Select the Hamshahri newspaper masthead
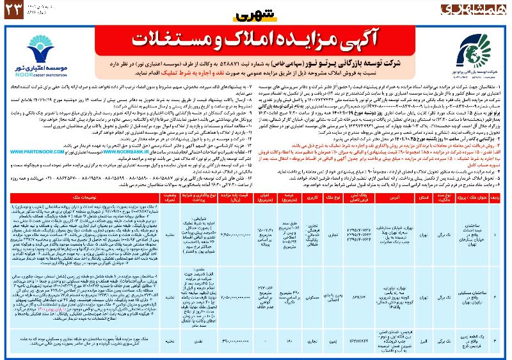click(x=467, y=11)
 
